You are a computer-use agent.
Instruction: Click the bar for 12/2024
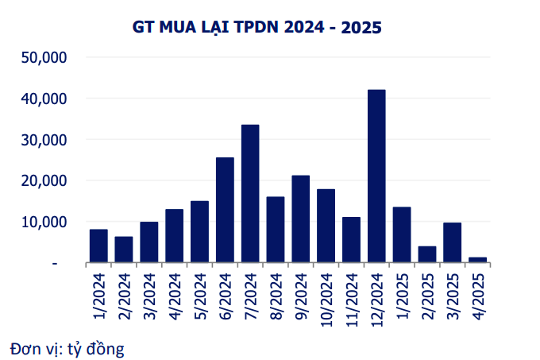pos(376,176)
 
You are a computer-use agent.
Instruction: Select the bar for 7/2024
pos(250,193)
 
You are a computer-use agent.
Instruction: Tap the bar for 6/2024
pos(225,210)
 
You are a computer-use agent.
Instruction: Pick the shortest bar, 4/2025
pos(477,259)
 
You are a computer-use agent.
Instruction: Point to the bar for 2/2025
pos(427,254)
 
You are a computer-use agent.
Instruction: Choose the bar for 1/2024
pos(98,246)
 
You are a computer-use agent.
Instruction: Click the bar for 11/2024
pos(351,239)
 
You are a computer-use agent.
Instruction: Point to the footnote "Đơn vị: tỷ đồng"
pos(67,348)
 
